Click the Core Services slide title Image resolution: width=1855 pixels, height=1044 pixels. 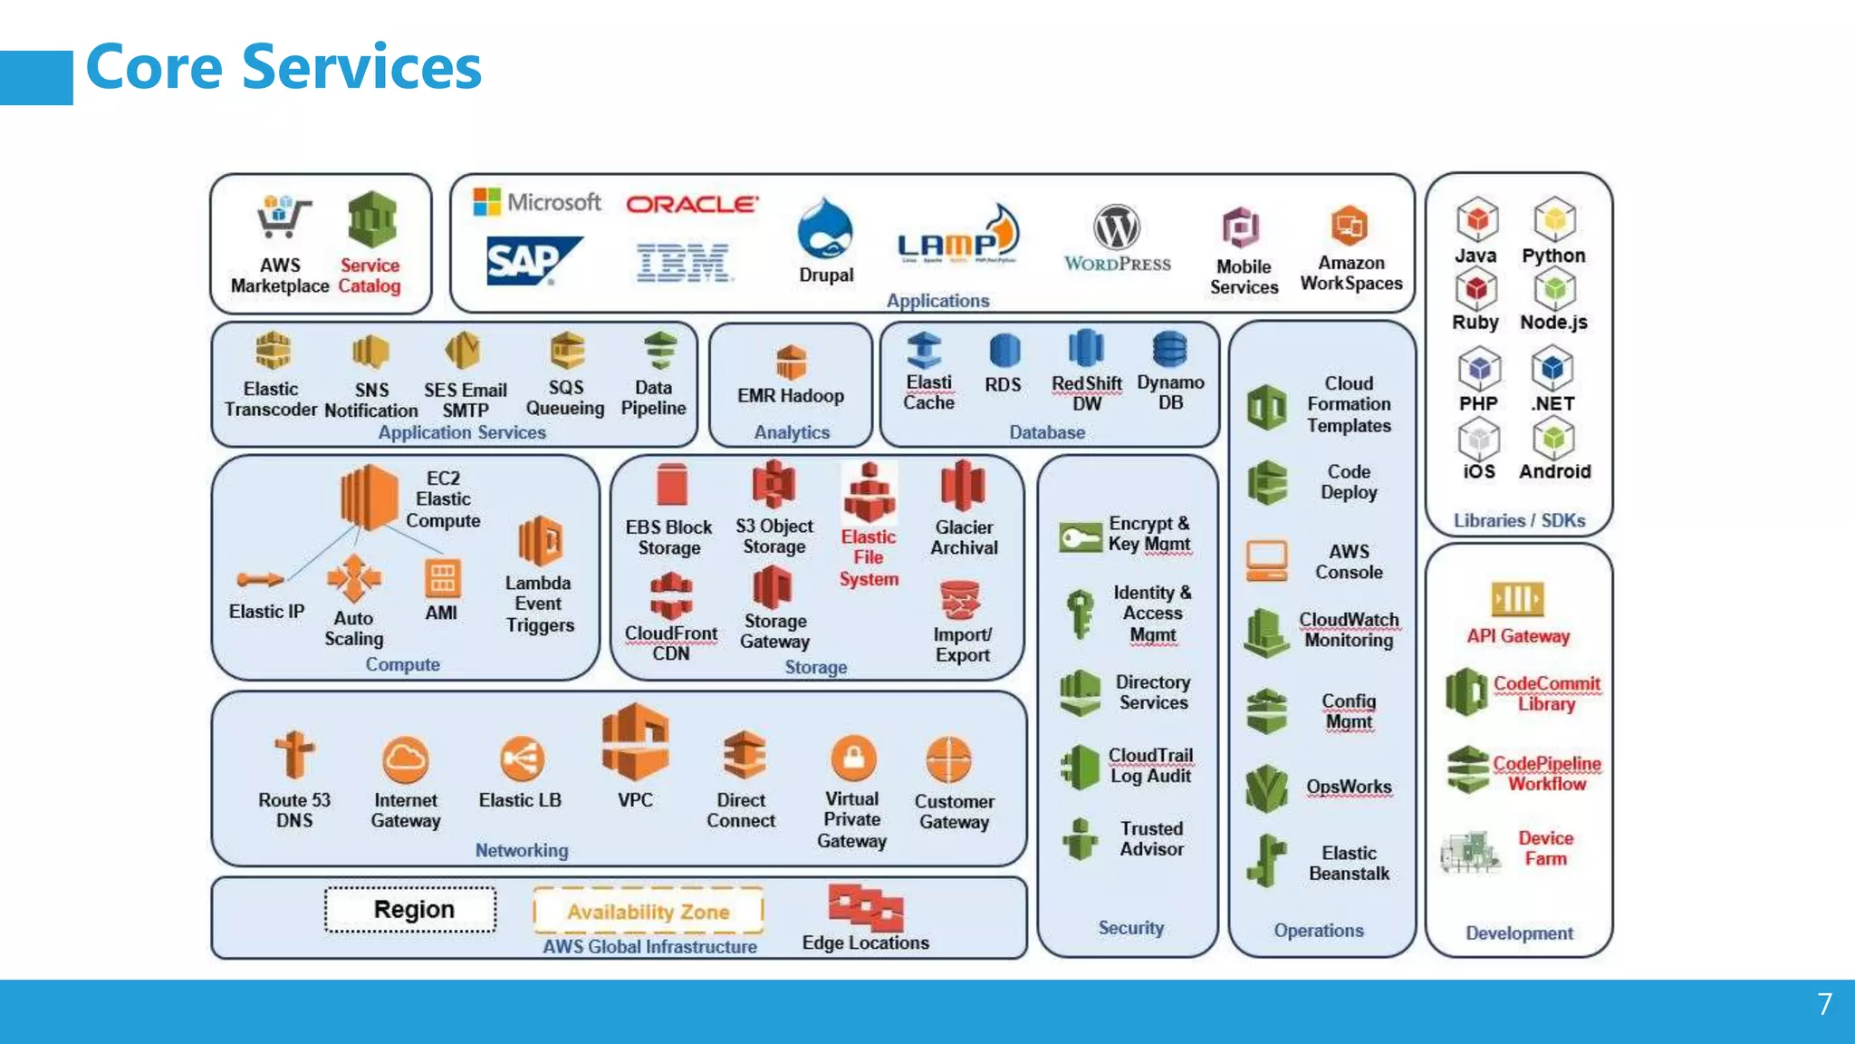(283, 68)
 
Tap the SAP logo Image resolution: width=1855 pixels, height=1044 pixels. (533, 261)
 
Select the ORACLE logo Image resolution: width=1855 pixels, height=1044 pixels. (692, 204)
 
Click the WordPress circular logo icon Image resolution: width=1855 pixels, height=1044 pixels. (1116, 227)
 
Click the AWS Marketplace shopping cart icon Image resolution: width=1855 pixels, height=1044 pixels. (283, 217)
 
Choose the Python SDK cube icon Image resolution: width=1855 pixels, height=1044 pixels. (1554, 219)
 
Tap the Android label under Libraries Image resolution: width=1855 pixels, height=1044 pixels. (1554, 471)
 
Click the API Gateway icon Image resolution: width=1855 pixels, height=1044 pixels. (1517, 599)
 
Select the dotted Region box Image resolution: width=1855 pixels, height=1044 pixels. (411, 909)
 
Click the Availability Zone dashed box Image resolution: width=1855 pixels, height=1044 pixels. (649, 911)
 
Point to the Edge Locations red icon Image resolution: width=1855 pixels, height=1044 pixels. (865, 906)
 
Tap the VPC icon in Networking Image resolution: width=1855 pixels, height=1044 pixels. (635, 742)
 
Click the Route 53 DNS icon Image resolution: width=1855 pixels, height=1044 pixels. (293, 755)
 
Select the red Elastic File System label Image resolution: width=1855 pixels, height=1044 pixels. (868, 557)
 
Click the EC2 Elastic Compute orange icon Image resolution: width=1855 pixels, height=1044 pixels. (370, 497)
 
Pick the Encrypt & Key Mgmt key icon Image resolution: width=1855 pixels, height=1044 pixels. (1080, 537)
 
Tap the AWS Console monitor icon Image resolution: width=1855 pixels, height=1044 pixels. (1266, 561)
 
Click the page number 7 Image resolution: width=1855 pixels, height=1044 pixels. (1824, 1004)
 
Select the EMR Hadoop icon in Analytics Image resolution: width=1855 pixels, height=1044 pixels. (791, 362)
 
